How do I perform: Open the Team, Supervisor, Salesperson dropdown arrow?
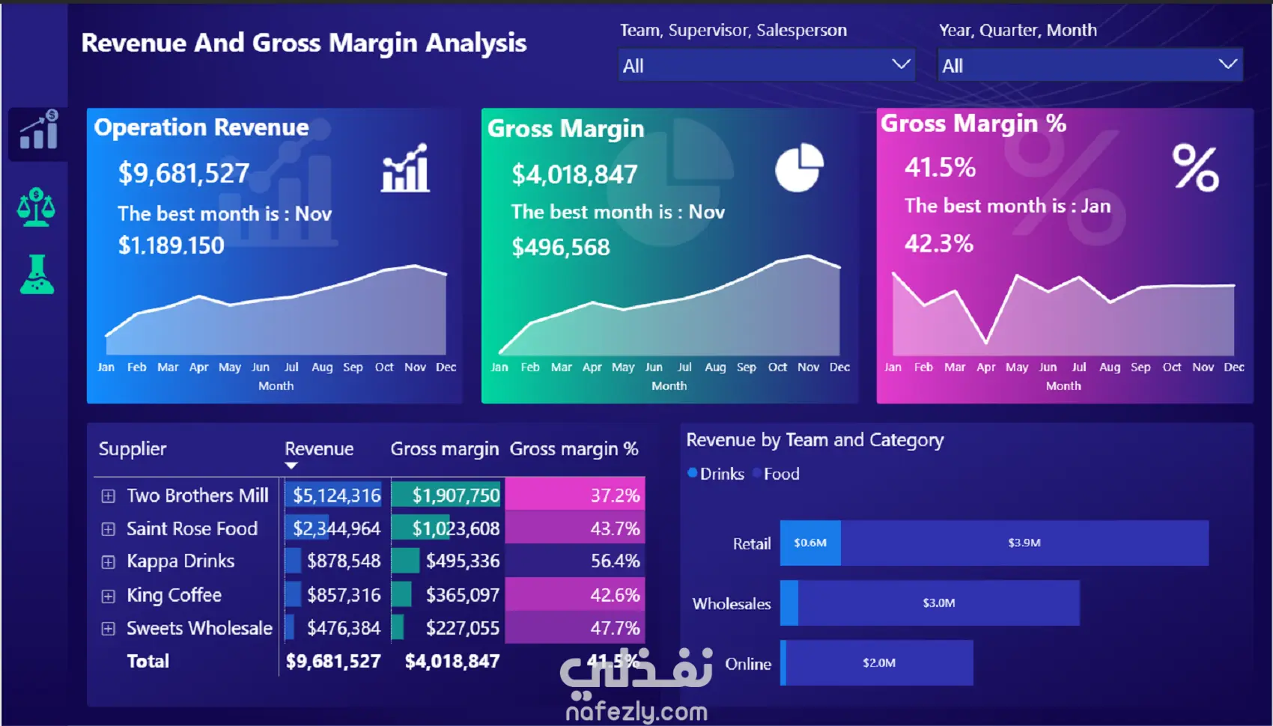pos(901,64)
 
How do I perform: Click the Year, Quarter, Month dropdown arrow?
pos(1227,64)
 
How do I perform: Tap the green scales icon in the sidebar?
pos(37,207)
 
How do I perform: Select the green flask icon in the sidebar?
pos(37,275)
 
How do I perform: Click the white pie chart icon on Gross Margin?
pos(799,168)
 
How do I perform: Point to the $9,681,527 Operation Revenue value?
pos(183,173)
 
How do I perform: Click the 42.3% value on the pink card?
pos(939,243)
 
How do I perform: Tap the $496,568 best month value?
pos(561,247)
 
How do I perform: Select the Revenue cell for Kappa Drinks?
pos(333,561)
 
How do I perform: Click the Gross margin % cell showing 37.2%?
pos(575,495)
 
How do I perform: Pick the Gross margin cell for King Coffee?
pos(446,595)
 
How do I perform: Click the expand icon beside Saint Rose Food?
pos(108,529)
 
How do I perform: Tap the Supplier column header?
pos(133,449)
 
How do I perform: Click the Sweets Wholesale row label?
pos(199,628)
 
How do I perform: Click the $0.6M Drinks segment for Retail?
pos(810,543)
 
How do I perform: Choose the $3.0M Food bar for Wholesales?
pos(939,603)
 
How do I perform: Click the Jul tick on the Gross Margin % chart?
pos(1078,367)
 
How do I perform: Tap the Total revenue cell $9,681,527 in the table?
pos(333,661)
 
